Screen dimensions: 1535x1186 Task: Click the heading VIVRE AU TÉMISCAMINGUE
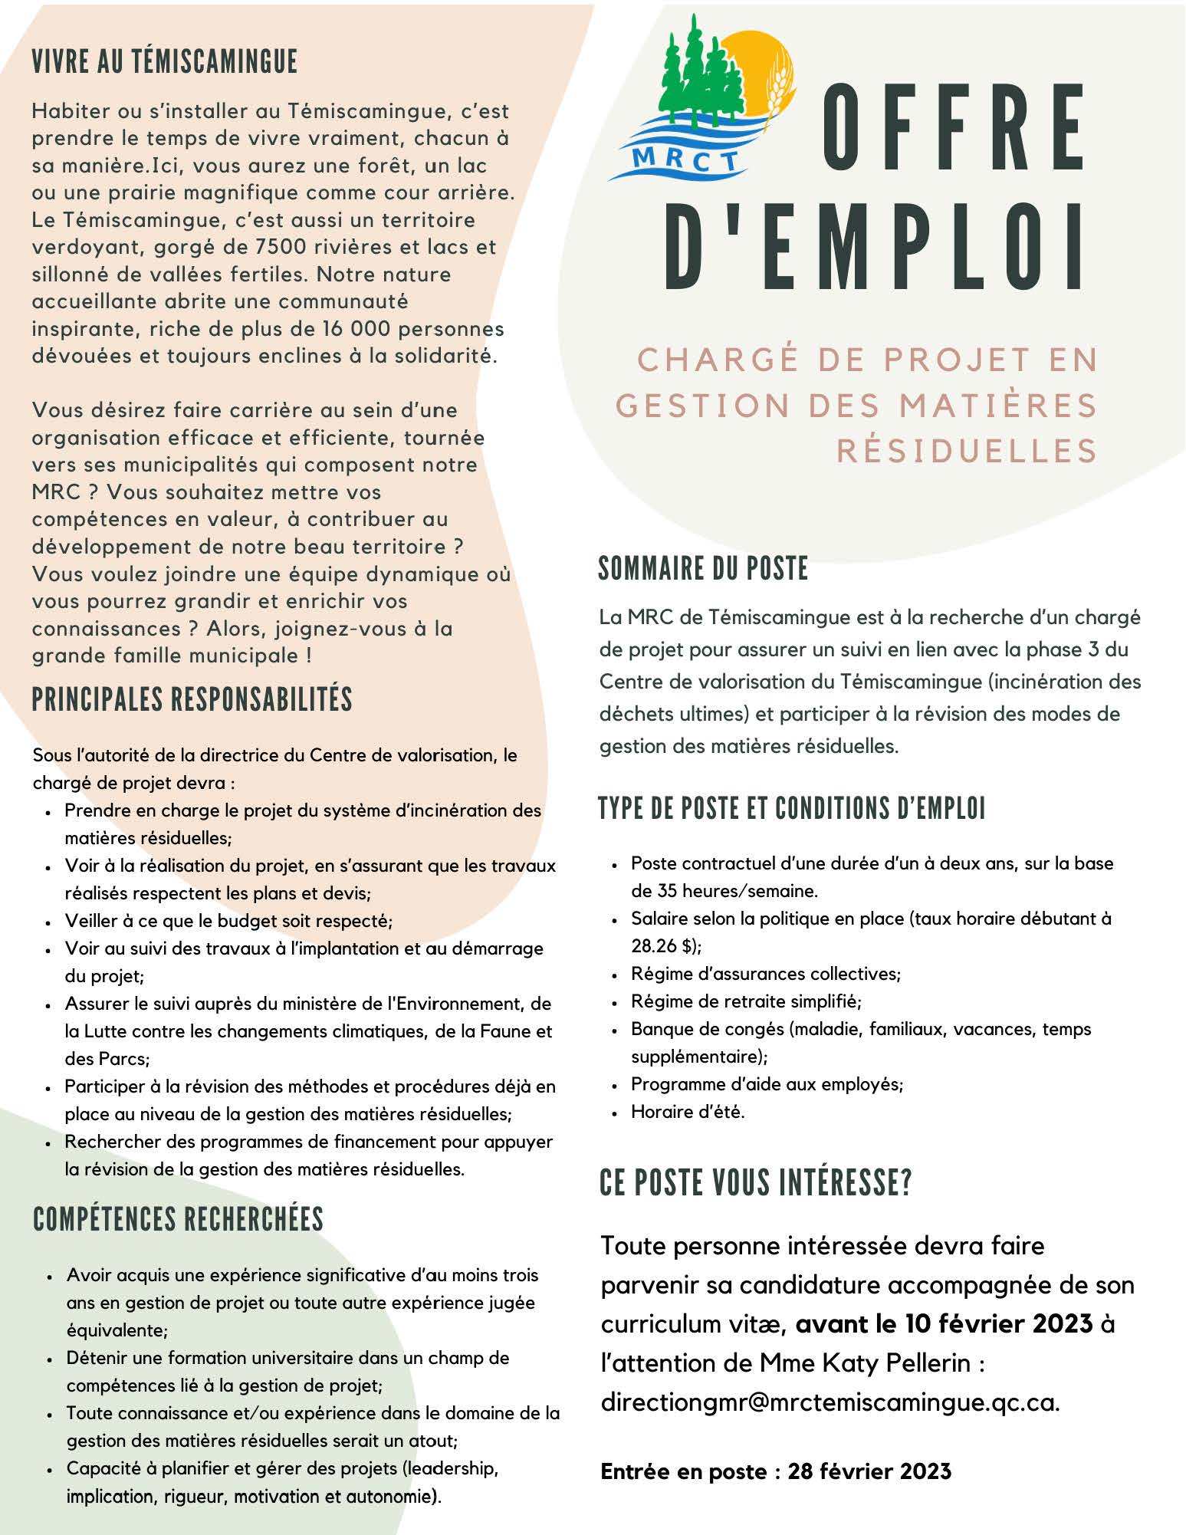[164, 61]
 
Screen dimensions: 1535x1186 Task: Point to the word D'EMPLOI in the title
[874, 247]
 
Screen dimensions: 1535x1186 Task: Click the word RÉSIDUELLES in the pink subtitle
[968, 451]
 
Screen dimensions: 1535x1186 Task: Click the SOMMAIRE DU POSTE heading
[703, 569]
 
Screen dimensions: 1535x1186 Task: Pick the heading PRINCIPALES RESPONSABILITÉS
[192, 699]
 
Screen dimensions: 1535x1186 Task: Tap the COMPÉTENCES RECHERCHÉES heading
[178, 1219]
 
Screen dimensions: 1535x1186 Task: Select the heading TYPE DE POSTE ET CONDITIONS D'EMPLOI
[791, 809]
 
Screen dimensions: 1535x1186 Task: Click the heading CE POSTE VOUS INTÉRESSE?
[756, 1183]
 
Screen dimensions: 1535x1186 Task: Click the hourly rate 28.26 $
[664, 946]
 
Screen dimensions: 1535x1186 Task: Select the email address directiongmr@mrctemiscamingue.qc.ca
[830, 1402]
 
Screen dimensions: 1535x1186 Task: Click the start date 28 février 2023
[869, 1471]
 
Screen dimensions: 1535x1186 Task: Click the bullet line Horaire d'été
[688, 1112]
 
